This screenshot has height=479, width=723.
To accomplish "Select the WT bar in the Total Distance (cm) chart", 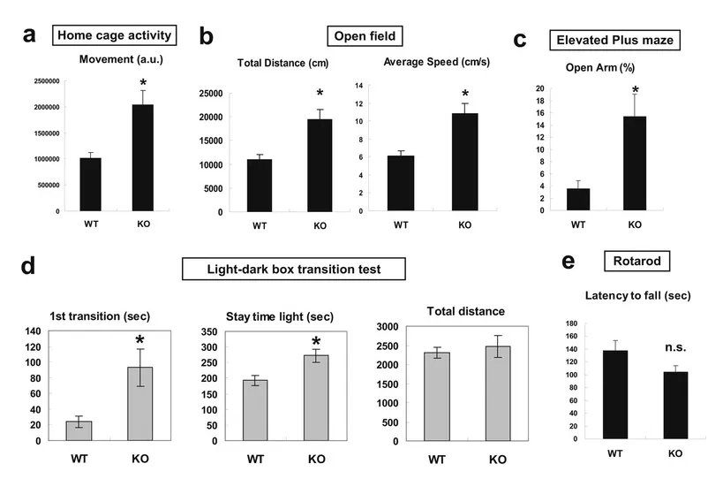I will click(x=259, y=186).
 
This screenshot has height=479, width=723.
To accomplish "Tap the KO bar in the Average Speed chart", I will click(x=464, y=163).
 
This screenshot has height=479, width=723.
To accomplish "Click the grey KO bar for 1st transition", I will click(x=140, y=403).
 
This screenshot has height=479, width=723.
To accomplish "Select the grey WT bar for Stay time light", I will click(x=255, y=410).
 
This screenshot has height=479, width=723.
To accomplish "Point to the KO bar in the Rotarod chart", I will click(x=675, y=405).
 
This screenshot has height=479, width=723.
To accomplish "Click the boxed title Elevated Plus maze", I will click(x=616, y=40).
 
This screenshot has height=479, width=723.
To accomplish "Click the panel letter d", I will click(x=28, y=266).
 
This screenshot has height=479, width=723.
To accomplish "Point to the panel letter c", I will click(x=520, y=40).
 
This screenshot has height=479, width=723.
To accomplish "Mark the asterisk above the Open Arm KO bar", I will click(x=635, y=89).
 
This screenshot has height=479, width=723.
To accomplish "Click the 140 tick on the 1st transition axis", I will click(x=33, y=331).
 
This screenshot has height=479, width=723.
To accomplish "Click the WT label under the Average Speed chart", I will click(x=401, y=224).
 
